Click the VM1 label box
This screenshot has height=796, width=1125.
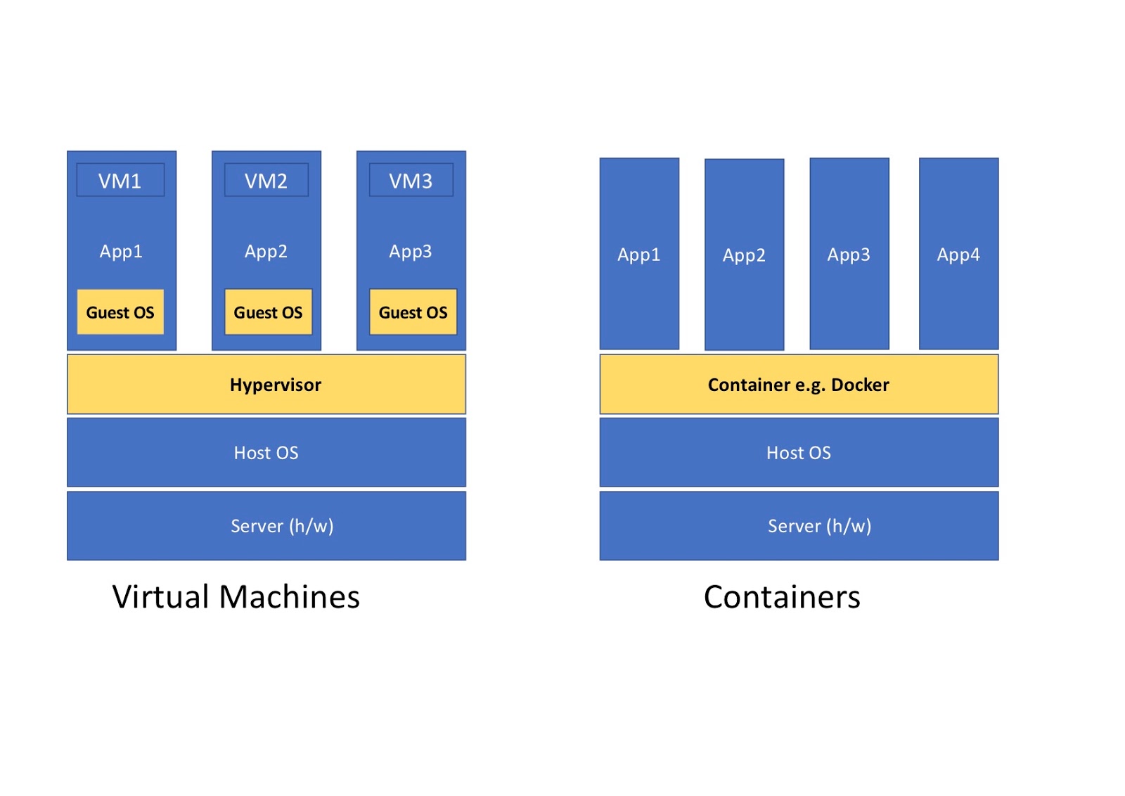pos(120,181)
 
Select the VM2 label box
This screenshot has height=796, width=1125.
pos(266,181)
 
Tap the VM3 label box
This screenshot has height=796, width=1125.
pos(411,181)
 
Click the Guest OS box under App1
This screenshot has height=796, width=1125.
pos(120,312)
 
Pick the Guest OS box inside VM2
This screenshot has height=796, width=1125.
pos(268,312)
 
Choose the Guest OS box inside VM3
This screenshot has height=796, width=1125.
pos(413,312)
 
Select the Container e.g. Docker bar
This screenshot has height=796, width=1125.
pos(798,385)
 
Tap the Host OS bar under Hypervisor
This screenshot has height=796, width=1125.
pos(266,453)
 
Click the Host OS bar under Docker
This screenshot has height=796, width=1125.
pos(798,453)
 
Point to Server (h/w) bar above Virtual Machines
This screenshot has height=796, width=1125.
pos(266,526)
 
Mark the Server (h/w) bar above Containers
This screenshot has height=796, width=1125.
pos(798,526)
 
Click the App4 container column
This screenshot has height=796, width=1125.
pos(958,254)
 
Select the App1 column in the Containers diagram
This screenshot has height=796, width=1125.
pos(638,254)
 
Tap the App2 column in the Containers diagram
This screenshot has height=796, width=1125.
pos(744,255)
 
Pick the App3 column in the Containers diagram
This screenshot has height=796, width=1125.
pos(849,254)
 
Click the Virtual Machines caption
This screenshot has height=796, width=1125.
pos(236,597)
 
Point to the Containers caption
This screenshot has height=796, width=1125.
pos(781,597)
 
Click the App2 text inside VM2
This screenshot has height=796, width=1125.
pos(266,251)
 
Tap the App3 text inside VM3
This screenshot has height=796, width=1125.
pos(411,251)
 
